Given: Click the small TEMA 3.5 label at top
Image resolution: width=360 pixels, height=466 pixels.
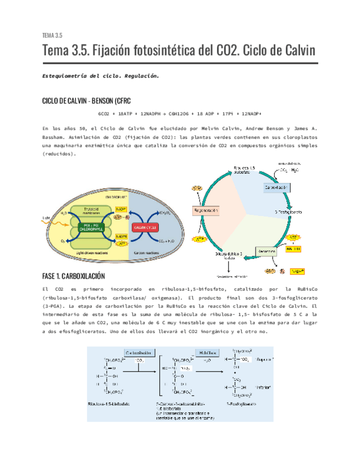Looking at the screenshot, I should (52, 36).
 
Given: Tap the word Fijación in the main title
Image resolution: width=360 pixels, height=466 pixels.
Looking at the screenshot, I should (113, 52).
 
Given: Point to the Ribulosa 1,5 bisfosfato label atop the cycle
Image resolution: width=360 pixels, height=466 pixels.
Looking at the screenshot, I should (245, 169).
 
